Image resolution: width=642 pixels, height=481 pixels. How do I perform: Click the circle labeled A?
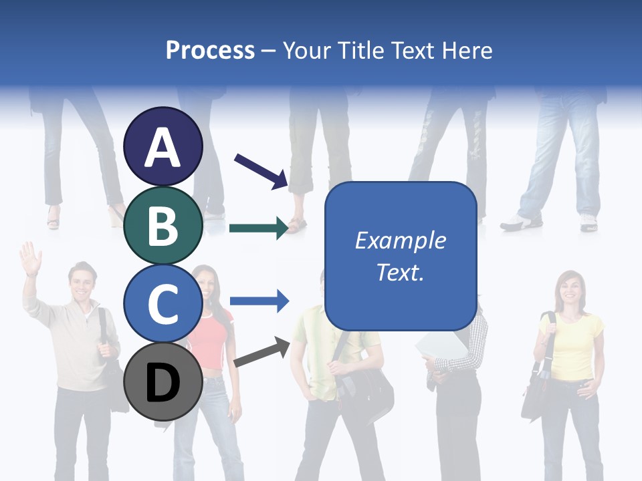163,147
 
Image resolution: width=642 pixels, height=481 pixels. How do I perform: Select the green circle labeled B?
163,226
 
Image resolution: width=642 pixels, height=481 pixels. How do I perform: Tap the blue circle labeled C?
163,304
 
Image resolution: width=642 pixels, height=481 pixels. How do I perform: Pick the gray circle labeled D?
163,382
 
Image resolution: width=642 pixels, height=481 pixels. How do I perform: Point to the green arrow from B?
258,228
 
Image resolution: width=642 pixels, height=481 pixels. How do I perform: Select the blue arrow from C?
258,302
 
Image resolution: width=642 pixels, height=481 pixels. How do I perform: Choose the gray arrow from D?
261,352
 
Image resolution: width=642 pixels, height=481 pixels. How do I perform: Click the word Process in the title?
210,50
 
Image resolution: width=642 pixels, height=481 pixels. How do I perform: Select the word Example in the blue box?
401,240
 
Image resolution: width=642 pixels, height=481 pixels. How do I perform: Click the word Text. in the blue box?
401,272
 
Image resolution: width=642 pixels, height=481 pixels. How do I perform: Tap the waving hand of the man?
30,258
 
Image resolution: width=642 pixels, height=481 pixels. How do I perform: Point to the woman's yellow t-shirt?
571,341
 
